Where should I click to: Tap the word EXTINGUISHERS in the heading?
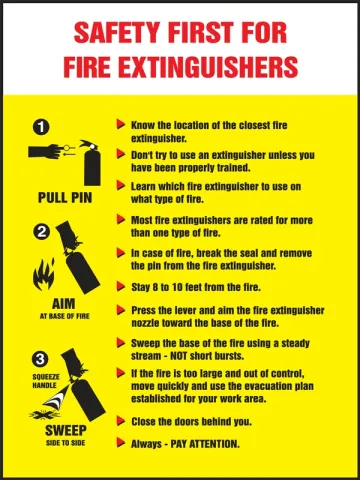(208, 67)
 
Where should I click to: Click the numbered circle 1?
(41, 128)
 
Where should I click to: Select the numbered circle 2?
(42, 232)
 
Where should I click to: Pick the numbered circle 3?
(40, 359)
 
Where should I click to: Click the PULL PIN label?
(65, 198)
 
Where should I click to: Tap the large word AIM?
(64, 304)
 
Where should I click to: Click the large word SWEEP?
(66, 430)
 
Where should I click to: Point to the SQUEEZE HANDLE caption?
(46, 381)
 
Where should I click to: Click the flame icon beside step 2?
(43, 275)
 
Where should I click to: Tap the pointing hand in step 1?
(45, 152)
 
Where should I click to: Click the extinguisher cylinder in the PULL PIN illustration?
(92, 168)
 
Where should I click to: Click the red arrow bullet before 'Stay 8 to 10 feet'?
(121, 286)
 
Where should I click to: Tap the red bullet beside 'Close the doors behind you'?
(121, 421)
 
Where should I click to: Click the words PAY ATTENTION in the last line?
(205, 444)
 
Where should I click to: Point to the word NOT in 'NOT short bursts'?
(179, 356)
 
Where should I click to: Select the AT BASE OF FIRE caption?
(65, 316)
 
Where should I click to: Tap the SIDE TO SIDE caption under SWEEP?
(66, 443)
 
